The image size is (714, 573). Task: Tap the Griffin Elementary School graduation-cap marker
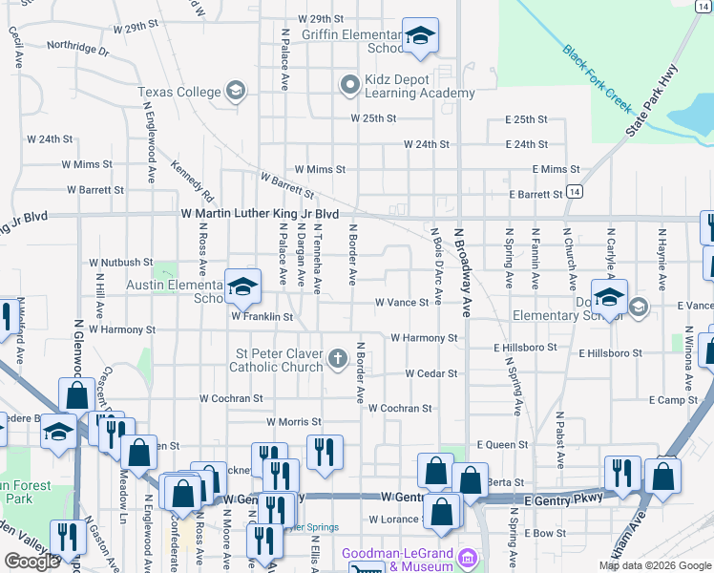coord(420,37)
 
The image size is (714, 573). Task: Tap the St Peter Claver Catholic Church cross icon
coord(336,359)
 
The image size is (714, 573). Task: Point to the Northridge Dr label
coord(77,46)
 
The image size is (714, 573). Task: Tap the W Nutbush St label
coord(121,262)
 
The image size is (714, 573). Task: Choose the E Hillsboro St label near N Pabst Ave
coord(610,352)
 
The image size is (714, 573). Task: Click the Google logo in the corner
coord(31,562)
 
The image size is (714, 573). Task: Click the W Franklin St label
coord(260,315)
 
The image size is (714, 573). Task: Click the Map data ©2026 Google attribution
coord(654,565)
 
